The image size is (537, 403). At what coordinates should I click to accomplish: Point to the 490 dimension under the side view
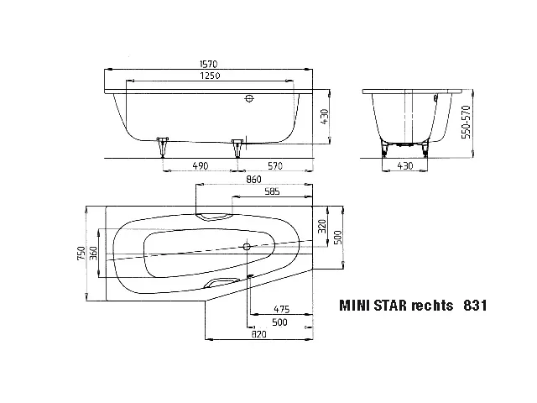tap(201, 167)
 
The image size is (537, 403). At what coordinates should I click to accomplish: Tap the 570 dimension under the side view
tap(275, 167)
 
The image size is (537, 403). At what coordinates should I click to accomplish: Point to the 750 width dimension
tap(81, 253)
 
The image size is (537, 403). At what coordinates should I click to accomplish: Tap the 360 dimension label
tap(95, 253)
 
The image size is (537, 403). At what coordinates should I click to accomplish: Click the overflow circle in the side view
tap(248, 99)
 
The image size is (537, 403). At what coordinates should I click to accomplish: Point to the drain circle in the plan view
tap(247, 248)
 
